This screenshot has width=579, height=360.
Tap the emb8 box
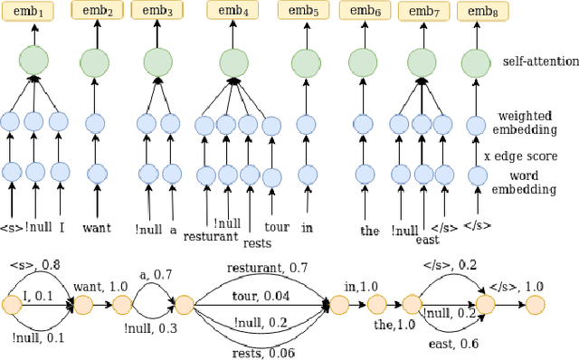point(478,11)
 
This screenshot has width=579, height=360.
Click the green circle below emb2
point(96,62)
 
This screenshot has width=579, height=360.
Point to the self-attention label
point(540,62)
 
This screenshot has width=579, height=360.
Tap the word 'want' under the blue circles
point(96,228)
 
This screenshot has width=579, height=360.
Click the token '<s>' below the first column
point(12,227)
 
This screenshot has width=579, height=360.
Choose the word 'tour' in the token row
point(276,227)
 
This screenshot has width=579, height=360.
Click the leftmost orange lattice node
point(13,305)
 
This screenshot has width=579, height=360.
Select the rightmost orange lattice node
point(534,305)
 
